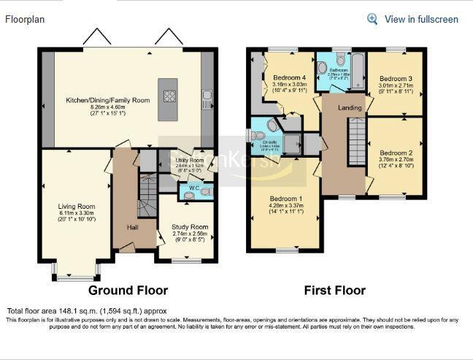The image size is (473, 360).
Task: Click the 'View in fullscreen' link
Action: [421, 19]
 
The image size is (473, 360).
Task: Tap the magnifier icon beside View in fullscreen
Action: [373, 19]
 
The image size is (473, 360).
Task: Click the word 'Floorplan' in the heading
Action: [25, 19]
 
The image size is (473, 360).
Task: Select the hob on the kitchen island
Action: [169, 96]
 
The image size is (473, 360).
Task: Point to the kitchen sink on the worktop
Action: [207, 95]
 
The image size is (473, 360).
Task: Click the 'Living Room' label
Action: [77, 207]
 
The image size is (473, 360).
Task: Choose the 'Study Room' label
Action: [190, 227]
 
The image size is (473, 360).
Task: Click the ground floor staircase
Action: [149, 196]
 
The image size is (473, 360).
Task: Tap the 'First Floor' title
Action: [334, 291]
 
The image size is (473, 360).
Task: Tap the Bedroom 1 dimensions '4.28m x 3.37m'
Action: [286, 206]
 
